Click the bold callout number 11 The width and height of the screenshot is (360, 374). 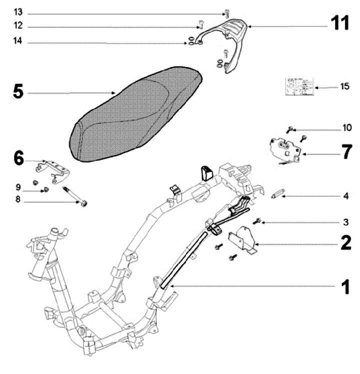[x=340, y=23]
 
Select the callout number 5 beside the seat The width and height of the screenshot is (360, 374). [x=18, y=93]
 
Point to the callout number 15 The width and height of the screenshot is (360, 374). [x=344, y=86]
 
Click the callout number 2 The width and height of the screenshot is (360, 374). [x=345, y=243]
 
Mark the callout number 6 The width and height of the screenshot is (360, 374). [x=18, y=159]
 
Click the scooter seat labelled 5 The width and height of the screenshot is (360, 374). [x=135, y=115]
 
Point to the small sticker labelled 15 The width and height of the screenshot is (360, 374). [x=299, y=87]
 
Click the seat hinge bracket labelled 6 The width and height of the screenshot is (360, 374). [x=54, y=168]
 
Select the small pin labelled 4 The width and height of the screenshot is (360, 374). [x=278, y=195]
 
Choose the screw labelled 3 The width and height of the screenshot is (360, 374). [x=257, y=220]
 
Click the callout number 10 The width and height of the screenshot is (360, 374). [x=345, y=128]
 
